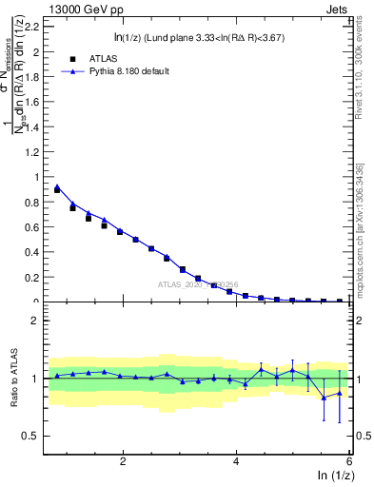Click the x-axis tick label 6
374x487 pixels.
click(x=349, y=460)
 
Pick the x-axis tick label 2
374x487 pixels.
click(x=123, y=460)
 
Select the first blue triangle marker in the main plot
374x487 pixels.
click(x=57, y=186)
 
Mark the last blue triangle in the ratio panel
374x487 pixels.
click(x=340, y=392)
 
